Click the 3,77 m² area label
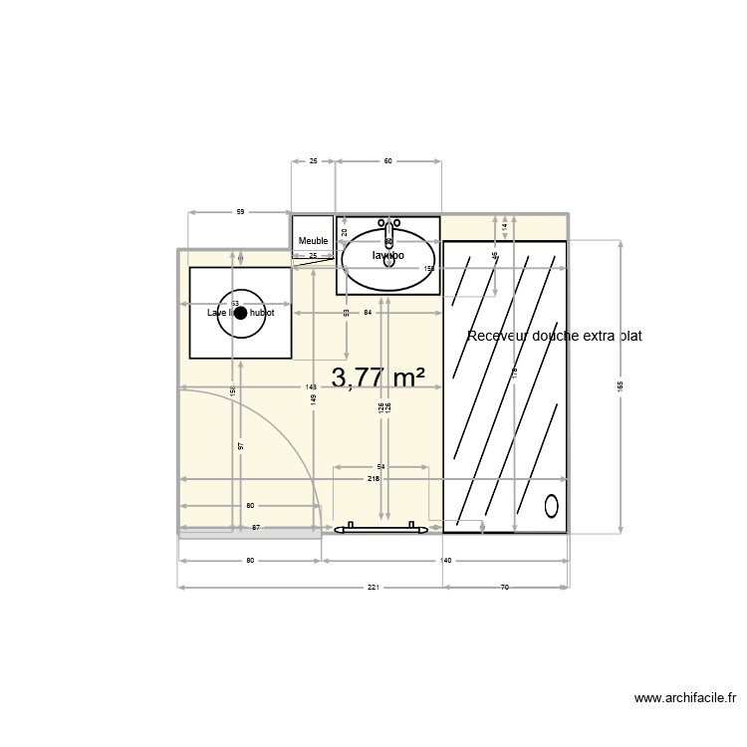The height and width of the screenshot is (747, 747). [378, 378]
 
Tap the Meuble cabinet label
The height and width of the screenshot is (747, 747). [313, 241]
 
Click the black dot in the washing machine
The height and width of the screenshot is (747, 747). [240, 313]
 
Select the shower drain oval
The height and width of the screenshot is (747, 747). [552, 506]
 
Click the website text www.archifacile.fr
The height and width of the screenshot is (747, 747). [684, 699]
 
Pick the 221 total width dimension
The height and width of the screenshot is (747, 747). [373, 587]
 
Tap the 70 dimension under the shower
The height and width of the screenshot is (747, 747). [504, 587]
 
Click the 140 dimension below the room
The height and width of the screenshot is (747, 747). [446, 561]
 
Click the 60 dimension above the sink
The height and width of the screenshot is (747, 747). [388, 160]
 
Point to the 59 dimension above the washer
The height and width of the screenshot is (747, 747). [240, 211]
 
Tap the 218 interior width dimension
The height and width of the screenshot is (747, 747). [373, 480]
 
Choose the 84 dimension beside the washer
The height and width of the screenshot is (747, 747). [368, 313]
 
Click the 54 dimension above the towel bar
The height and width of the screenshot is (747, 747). [380, 466]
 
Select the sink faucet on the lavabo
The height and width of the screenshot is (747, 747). [388, 231]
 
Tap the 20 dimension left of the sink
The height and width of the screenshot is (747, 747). [345, 231]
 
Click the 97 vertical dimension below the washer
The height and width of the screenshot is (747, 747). [241, 445]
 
